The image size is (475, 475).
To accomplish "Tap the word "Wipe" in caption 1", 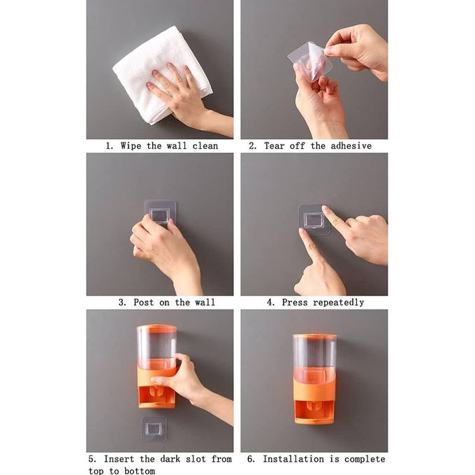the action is (131, 146).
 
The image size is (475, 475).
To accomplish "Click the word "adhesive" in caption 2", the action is (351, 146).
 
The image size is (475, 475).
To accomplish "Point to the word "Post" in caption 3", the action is (144, 302).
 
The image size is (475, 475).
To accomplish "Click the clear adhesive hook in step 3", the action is (160, 213).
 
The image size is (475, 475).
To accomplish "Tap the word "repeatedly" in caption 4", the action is (338, 302).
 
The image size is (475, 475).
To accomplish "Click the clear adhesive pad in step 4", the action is (314, 219).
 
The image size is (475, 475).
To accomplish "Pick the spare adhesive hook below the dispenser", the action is (154, 428).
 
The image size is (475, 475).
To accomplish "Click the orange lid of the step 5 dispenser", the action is (156, 328).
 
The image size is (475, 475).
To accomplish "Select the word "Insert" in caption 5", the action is (119, 459).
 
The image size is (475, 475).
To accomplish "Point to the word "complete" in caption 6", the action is (365, 459).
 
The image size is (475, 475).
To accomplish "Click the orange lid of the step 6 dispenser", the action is (315, 337).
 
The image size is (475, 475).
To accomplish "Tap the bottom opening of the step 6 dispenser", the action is (314, 411).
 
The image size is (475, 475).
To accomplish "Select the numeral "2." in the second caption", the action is (253, 146).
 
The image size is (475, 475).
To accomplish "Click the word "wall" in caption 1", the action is (177, 146).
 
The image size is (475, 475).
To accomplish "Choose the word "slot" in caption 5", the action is (196, 459).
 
